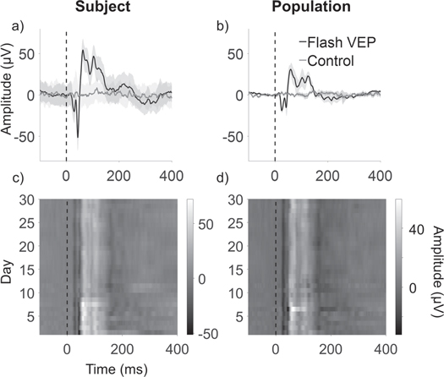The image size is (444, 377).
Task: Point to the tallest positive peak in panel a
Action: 83,50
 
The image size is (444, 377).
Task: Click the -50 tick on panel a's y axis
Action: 25,136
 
